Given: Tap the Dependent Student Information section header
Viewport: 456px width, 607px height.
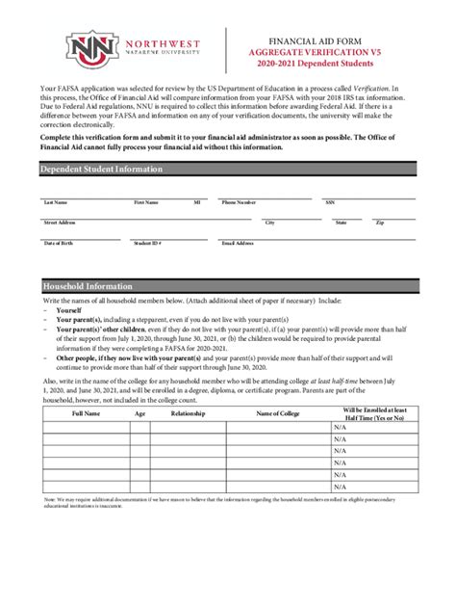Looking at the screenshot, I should [x=102, y=170].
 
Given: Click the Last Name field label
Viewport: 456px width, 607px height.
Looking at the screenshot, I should [x=55, y=203].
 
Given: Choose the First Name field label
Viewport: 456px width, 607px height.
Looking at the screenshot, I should [x=145, y=203].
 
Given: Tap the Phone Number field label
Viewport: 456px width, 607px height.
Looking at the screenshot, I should [x=240, y=203].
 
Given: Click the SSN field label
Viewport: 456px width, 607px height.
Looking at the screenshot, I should [x=330, y=203].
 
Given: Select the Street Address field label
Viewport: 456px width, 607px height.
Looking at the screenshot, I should [x=60, y=223].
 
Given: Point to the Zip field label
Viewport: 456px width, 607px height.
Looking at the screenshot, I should [x=380, y=223].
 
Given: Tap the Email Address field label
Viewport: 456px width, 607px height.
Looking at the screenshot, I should [x=238, y=243].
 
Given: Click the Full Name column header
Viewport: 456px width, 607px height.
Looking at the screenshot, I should [x=86, y=413].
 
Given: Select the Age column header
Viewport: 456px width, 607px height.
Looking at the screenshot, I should [x=140, y=413].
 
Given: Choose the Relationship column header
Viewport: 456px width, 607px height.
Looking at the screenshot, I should [x=188, y=413].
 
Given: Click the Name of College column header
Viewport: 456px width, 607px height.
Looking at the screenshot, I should [x=279, y=413].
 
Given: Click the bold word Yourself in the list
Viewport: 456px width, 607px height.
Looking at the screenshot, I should [x=68, y=311].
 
